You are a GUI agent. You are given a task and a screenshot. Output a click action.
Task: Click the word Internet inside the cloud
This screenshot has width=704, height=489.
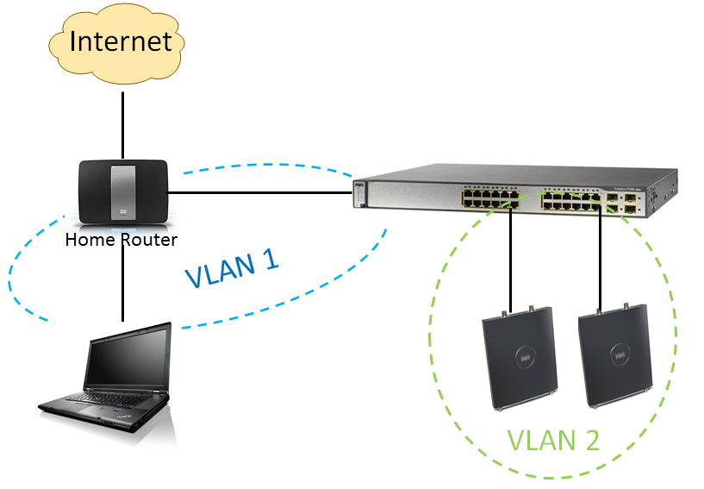tap(121, 41)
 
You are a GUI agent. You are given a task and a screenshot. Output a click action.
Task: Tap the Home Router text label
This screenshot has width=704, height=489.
tap(121, 240)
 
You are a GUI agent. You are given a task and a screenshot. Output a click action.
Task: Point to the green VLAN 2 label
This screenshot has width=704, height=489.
tap(552, 440)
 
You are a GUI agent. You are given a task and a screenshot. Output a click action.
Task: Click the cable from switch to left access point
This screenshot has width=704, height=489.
tap(511, 259)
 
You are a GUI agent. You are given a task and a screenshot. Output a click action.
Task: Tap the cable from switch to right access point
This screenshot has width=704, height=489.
tap(601, 259)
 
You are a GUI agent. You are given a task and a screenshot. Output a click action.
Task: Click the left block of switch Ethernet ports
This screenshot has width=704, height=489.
tap(488, 200)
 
